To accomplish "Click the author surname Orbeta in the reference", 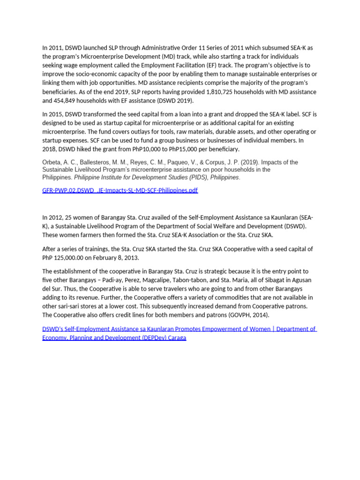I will [52, 162].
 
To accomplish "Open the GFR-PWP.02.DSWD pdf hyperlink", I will [120, 190].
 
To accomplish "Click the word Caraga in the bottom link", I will [174, 337].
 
